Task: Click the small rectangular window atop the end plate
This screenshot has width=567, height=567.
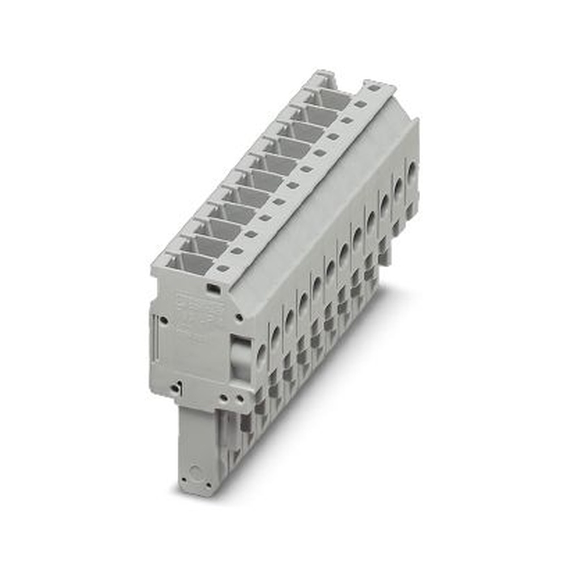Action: (214, 289)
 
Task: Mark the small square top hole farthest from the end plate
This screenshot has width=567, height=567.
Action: (373, 88)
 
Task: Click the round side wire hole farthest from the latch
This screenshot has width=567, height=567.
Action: (412, 170)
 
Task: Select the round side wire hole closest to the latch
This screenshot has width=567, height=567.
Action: (261, 354)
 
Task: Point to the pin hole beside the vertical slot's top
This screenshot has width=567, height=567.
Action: (164, 320)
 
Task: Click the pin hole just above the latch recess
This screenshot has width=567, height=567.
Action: (239, 318)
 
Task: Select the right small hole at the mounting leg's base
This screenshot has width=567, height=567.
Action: (209, 485)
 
